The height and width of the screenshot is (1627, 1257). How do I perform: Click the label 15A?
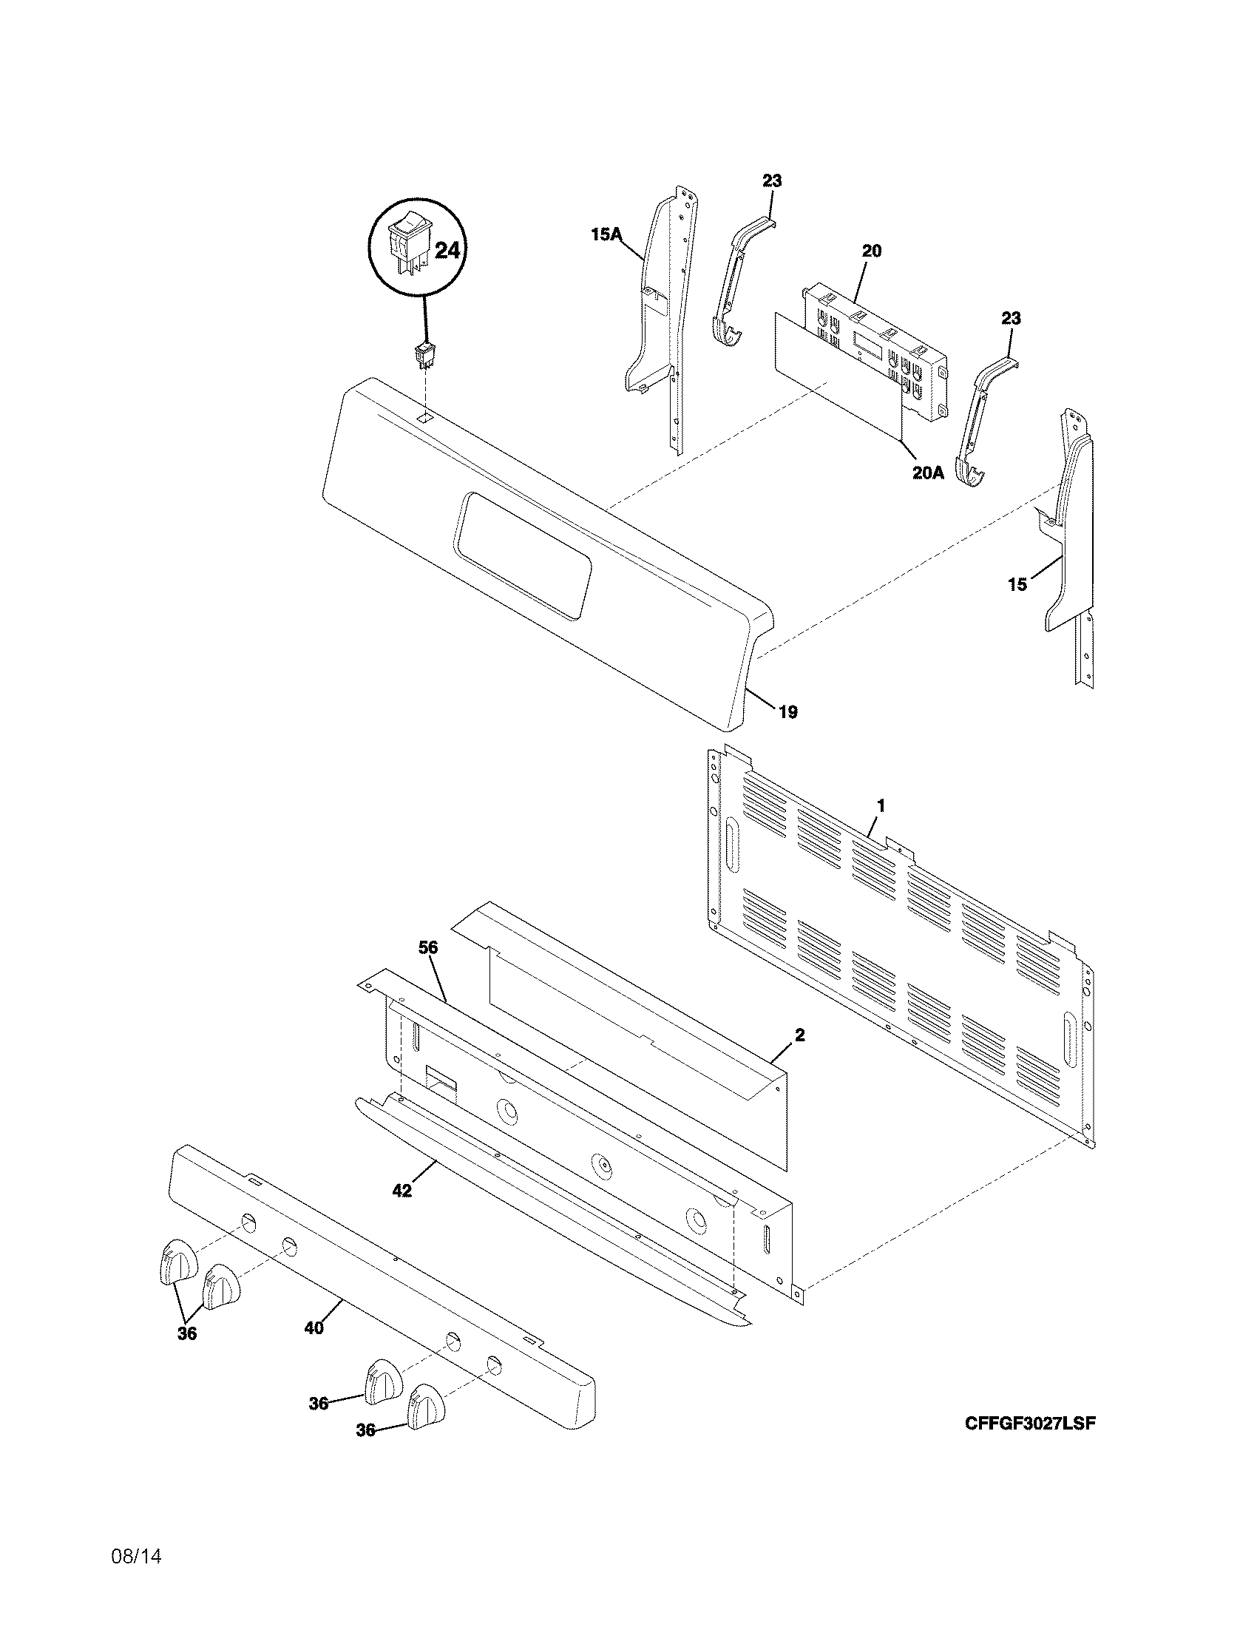point(606,235)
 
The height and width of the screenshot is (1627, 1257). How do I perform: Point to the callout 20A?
point(928,473)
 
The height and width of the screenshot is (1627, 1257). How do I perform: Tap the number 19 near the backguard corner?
point(788,712)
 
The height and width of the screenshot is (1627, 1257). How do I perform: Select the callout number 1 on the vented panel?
point(881,805)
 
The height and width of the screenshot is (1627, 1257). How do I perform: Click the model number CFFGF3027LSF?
point(1031,1423)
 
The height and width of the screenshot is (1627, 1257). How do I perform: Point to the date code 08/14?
point(136,1556)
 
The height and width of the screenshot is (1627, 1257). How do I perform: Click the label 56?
point(428,947)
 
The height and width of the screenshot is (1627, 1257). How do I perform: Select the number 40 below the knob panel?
point(314,1327)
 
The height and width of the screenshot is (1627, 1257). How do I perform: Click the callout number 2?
point(799,1035)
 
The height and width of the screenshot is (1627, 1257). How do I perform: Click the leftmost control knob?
point(177,1262)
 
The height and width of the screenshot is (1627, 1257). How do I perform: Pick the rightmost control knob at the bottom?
point(427,1405)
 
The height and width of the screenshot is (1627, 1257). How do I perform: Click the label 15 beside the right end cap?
point(1017,585)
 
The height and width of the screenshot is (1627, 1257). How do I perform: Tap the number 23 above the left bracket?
point(772,180)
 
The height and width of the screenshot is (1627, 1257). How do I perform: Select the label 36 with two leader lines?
point(187,1333)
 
